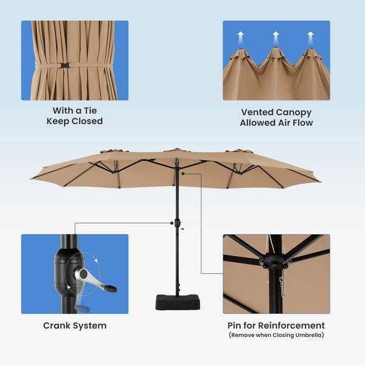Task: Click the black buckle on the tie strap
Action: (x=65, y=66)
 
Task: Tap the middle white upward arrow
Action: (x=276, y=38)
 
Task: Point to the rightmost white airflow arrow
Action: (x=310, y=38)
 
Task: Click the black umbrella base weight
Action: (x=178, y=302)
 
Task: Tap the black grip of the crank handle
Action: (x=111, y=288)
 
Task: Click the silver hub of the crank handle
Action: (x=83, y=274)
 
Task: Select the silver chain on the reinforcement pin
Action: (x=282, y=283)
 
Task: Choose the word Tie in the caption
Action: (x=89, y=111)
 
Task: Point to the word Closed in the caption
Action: (x=87, y=121)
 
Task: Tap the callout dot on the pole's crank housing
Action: (x=172, y=223)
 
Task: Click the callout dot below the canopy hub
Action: (x=183, y=173)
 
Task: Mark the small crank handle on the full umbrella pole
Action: (x=181, y=228)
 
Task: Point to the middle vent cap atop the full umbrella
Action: (x=176, y=150)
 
